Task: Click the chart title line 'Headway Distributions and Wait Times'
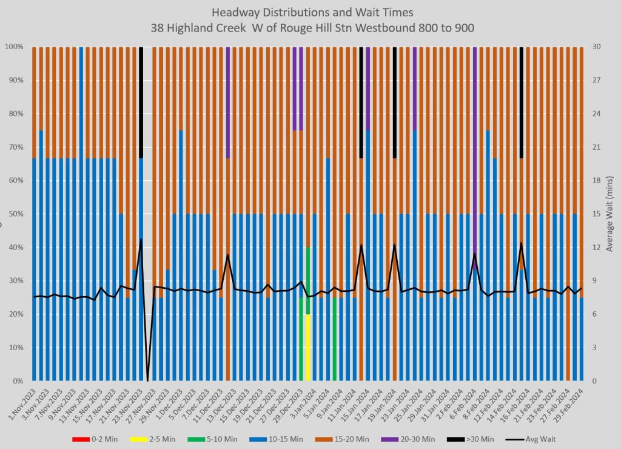click(310, 12)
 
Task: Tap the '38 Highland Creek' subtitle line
click(310, 27)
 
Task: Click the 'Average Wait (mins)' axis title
click(610, 214)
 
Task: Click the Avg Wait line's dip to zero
click(148, 380)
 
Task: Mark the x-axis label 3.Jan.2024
click(304, 402)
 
